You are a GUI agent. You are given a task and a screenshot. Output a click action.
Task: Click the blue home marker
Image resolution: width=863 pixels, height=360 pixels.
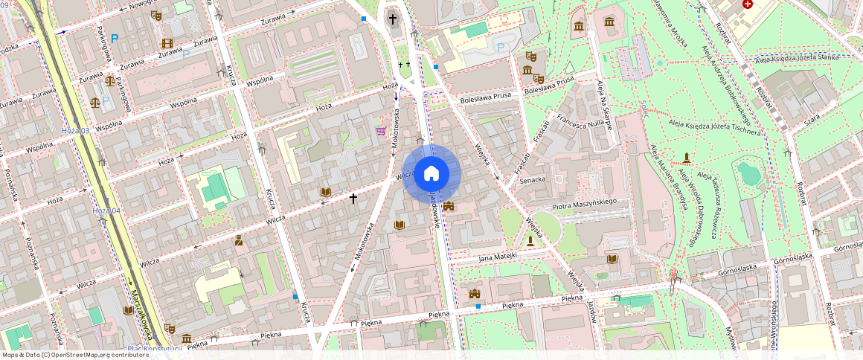(x=431, y=174)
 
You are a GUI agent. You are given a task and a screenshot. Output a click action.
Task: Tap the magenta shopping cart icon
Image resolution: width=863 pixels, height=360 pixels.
(x=381, y=131)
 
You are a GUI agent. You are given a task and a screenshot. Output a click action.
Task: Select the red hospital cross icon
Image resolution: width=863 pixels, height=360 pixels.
(x=748, y=4)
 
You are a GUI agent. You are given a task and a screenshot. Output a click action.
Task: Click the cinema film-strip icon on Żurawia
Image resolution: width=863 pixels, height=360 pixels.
(x=167, y=43)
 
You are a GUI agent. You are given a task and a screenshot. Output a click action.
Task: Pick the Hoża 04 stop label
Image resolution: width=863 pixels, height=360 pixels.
(x=106, y=211)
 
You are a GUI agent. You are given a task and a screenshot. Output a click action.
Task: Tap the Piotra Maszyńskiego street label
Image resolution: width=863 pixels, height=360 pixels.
(x=586, y=202)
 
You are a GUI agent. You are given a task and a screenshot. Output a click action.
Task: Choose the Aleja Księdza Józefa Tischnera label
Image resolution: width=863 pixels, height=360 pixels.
(x=715, y=126)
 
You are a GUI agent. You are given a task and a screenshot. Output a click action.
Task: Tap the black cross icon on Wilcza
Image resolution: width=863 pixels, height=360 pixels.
(x=353, y=199)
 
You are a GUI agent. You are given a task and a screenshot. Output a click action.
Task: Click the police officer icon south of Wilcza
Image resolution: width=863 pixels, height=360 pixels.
(x=239, y=240)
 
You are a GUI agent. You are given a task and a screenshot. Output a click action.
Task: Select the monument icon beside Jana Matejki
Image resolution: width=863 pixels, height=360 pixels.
(x=530, y=241)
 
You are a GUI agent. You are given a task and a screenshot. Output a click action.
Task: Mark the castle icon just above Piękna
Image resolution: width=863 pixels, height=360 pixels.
(x=475, y=294)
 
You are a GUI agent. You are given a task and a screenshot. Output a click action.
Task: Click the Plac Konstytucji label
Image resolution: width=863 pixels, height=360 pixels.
(x=154, y=348)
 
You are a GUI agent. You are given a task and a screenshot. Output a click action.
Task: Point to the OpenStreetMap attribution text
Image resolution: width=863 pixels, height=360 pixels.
(x=75, y=355)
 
